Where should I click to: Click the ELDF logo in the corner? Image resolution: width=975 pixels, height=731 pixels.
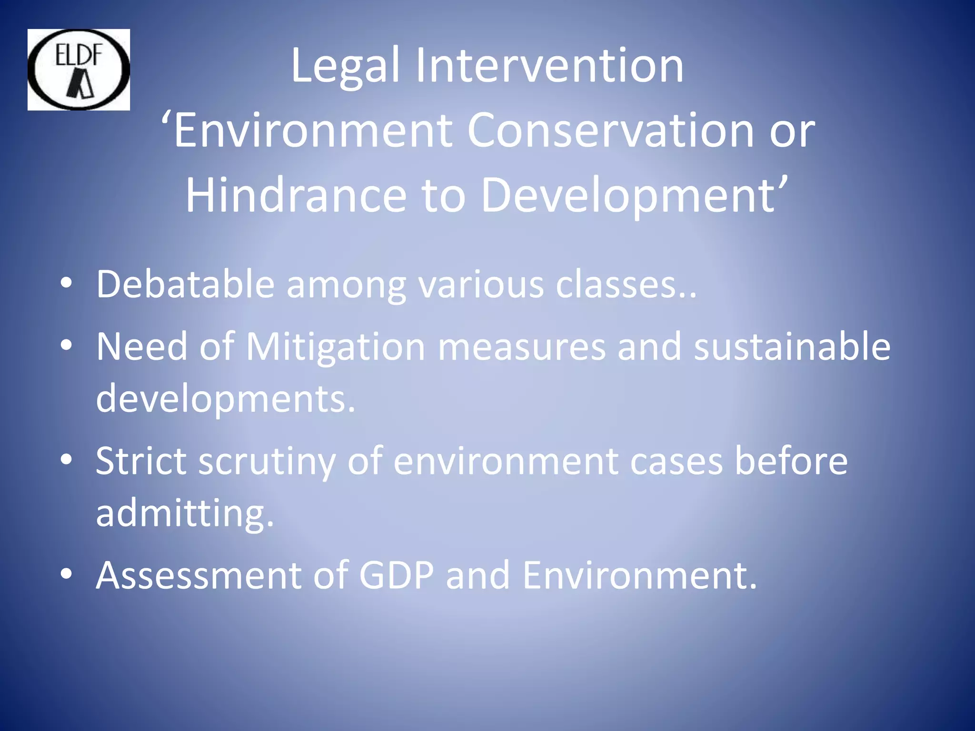pos(79,70)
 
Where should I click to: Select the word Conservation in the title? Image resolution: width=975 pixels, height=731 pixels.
pos(610,130)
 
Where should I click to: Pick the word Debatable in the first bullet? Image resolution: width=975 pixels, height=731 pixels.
pos(185,285)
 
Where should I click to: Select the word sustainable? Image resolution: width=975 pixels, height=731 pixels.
pos(792,346)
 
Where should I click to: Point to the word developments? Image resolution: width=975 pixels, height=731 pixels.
pos(225,399)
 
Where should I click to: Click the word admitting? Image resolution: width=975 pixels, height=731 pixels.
pos(185,514)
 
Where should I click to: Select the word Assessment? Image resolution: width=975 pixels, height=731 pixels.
pos(199,575)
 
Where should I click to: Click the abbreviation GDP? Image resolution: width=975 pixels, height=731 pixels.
pos(396,575)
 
